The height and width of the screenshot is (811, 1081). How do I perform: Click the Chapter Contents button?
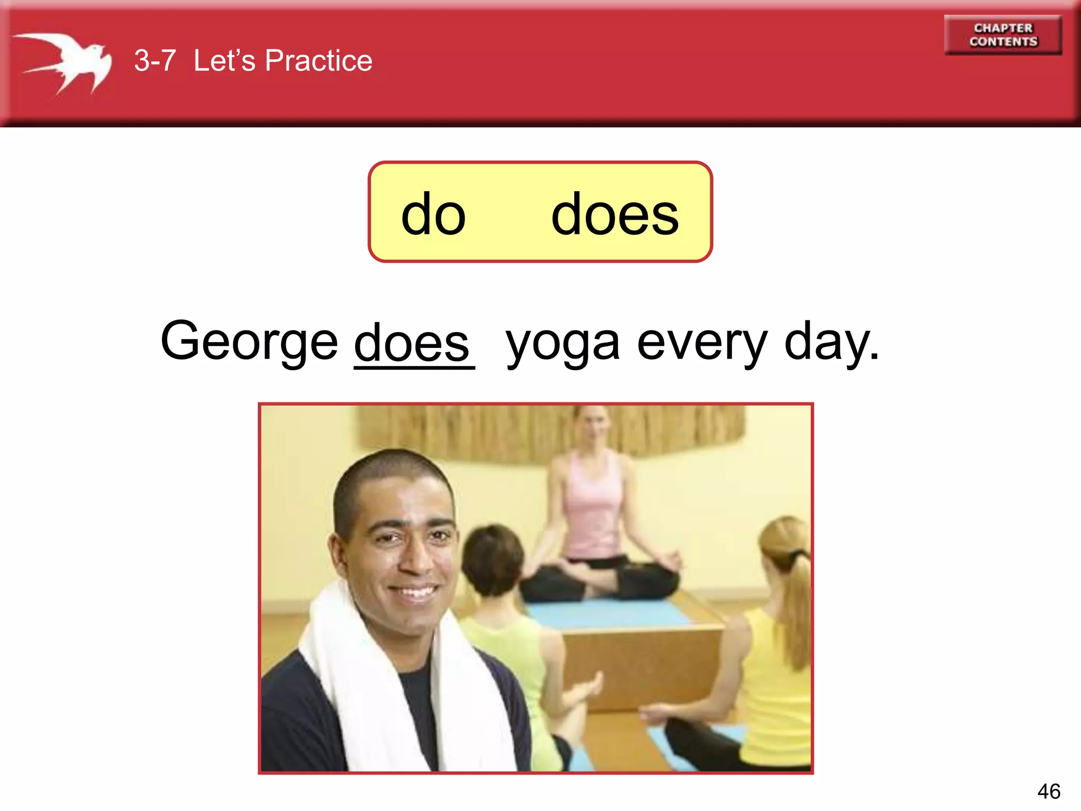(1003, 35)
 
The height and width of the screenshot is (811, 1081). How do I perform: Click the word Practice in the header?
(318, 60)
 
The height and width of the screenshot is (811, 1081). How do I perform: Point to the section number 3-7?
(154, 60)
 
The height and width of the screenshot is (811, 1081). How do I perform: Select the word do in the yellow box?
(433, 214)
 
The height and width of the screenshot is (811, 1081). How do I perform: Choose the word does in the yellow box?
(614, 214)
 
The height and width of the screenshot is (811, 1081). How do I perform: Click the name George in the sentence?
(249, 342)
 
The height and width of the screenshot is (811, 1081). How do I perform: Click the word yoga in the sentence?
(563, 344)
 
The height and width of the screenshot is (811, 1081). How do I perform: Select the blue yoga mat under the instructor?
(607, 612)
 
